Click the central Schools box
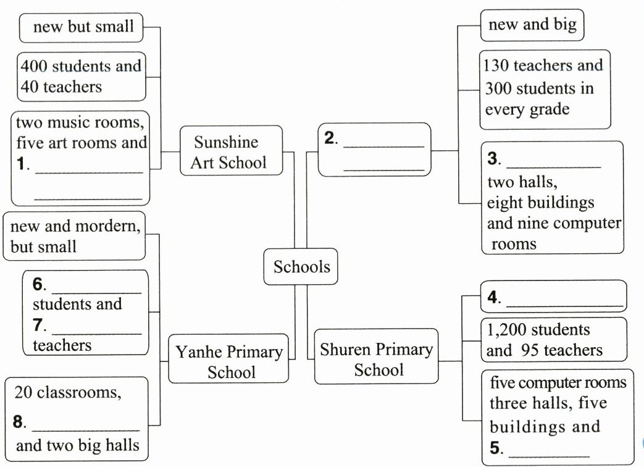pyautogui.click(x=301, y=267)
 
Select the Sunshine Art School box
pyautogui.click(x=230, y=152)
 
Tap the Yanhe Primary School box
pyautogui.click(x=229, y=362)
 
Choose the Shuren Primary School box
pyautogui.click(x=376, y=360)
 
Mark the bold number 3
pyautogui.click(x=493, y=159)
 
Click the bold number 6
pyautogui.click(x=37, y=284)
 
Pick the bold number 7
pyautogui.click(x=37, y=324)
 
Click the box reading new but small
pyautogui.click(x=83, y=27)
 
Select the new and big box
pyautogui.click(x=532, y=25)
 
